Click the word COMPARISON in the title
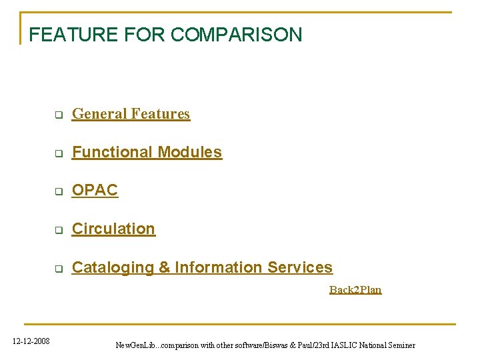237,34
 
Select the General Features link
131,114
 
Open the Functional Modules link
147,152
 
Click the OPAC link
95,190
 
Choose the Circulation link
113,229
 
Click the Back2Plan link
355,289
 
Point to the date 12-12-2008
31,341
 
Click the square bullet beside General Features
58,115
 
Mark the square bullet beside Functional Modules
58,153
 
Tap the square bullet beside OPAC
58,191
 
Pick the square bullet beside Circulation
58,230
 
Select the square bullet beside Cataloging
58,269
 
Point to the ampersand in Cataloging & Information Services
165,267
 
